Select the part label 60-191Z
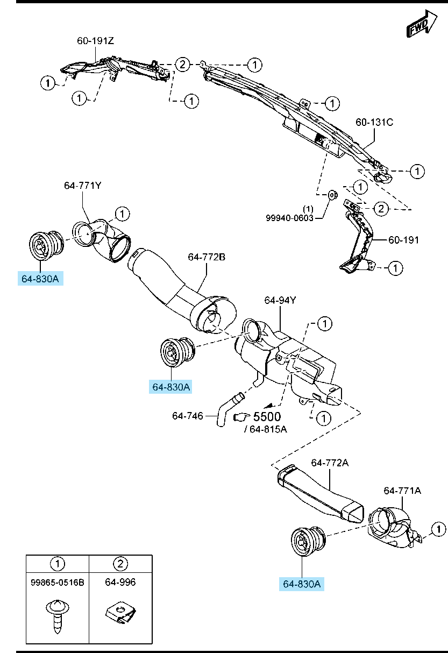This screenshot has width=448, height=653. [96, 41]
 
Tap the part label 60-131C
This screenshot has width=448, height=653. [374, 123]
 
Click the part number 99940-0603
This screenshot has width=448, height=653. [289, 218]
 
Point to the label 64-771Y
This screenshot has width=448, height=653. [82, 186]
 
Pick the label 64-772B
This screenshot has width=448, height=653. [207, 258]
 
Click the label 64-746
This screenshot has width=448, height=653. [188, 416]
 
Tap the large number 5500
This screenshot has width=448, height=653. [267, 417]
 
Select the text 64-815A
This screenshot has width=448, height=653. [268, 429]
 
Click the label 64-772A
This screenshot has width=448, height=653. [330, 463]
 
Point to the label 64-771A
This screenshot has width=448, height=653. [402, 491]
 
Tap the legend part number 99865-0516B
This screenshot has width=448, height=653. [58, 582]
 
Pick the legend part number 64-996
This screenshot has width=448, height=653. [120, 582]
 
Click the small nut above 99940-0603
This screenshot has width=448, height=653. [331, 194]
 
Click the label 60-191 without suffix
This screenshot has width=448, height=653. [403, 240]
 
